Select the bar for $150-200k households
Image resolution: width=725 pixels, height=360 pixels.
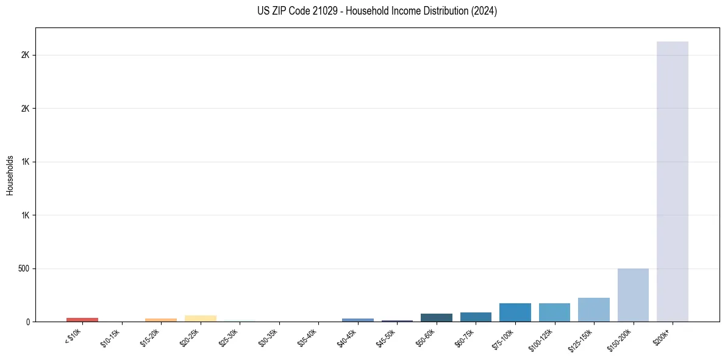[633, 295]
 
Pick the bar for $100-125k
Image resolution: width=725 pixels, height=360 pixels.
[554, 312]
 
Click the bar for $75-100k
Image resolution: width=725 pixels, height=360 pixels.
[515, 312]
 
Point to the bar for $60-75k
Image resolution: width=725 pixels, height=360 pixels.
[476, 317]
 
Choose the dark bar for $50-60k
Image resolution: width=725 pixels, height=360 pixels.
[436, 317]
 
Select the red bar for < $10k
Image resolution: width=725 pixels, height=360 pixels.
[82, 319]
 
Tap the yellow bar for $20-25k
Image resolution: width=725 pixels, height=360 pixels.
[200, 318]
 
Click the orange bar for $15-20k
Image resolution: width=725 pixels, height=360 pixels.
[161, 320]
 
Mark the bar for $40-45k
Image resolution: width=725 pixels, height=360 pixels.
[357, 320]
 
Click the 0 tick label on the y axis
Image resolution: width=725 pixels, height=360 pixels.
[28, 322]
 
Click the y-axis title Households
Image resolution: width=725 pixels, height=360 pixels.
[10, 175]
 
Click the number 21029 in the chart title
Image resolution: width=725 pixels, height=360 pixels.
[323, 11]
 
